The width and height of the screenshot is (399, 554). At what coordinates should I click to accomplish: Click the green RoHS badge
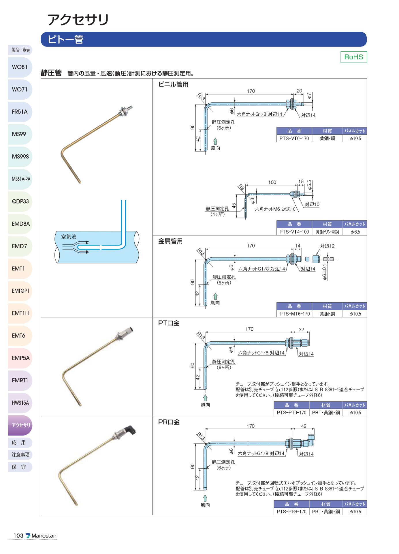353,57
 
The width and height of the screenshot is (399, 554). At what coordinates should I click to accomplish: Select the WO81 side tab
20,67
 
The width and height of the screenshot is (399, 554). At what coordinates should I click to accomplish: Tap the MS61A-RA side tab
20,179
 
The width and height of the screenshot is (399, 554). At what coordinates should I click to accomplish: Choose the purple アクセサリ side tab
20,425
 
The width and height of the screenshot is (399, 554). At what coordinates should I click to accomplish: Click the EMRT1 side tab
20,380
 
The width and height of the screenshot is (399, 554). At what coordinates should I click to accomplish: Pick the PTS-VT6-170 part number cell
294,138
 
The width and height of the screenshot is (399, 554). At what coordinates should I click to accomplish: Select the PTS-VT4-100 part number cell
294,232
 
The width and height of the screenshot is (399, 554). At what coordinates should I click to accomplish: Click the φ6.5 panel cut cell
355,232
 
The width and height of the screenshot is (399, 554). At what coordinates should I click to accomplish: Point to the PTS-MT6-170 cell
294,314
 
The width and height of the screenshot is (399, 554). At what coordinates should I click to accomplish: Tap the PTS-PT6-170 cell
291,413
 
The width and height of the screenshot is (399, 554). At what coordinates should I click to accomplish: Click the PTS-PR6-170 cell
291,512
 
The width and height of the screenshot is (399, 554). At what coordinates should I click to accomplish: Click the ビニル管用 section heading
173,85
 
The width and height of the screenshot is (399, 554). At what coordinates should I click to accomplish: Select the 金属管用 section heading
170,241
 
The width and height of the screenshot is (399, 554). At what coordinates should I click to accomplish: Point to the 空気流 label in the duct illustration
69,237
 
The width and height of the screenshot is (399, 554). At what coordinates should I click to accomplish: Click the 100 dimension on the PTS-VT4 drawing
272,182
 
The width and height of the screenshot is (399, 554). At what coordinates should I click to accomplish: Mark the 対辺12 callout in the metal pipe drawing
327,246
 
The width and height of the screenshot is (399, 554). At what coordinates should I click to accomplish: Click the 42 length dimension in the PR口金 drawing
304,426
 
